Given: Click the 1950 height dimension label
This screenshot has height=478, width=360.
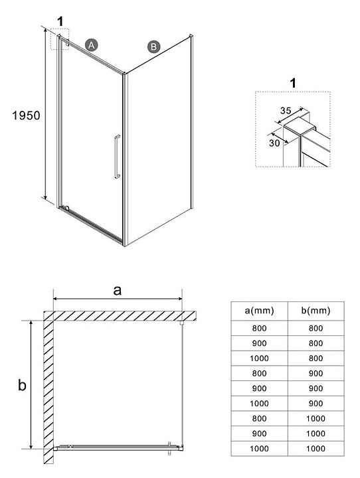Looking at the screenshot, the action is [27, 116].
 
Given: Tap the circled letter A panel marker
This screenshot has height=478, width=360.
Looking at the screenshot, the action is [91, 45].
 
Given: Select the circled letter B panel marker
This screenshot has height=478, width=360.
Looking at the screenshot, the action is [153, 46].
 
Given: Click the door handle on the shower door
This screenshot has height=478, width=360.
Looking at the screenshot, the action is [117, 157].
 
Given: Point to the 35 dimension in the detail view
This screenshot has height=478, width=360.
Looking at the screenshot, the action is [286, 110].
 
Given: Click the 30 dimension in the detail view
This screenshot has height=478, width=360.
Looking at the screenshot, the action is [274, 143].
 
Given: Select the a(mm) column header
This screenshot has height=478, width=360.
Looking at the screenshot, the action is [259, 311].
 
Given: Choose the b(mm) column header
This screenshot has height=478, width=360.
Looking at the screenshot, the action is [315, 311].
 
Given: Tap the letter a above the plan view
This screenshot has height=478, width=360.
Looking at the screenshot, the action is [117, 290].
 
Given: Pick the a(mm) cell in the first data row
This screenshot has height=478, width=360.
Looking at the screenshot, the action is [259, 329].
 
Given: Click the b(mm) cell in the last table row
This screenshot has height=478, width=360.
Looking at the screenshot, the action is [315, 448].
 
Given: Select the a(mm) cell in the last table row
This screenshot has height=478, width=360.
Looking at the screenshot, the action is [259, 448].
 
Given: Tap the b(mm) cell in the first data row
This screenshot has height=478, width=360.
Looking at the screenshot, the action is [315, 329].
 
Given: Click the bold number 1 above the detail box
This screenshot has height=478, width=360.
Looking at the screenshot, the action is [293, 83].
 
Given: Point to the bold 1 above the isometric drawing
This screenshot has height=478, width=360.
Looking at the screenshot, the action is [60, 22].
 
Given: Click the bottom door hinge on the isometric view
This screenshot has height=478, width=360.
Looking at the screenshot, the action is [66, 208].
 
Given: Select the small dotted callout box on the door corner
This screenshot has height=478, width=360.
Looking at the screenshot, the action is [60, 39].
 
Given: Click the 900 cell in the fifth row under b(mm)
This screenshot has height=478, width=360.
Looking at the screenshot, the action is [315, 388].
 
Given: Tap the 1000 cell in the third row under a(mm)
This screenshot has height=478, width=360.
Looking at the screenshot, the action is [259, 358].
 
